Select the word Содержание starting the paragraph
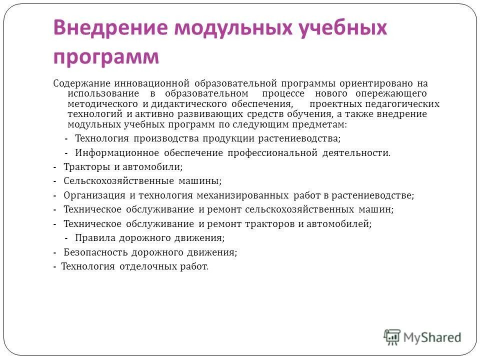pyautogui.click(x=80, y=83)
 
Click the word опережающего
pyautogui.click(x=392, y=93)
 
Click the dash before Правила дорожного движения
pyautogui.click(x=66, y=238)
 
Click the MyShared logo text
pyautogui.click(x=432, y=337)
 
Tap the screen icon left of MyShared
pyautogui.click(x=392, y=337)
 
